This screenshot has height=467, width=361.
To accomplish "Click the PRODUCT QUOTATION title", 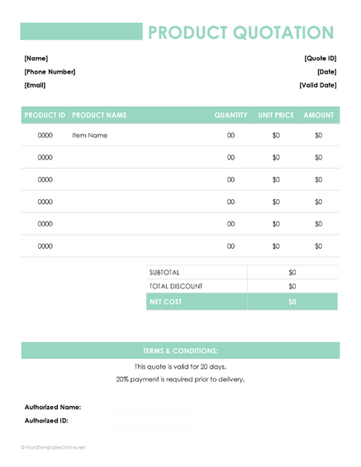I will click(240, 32).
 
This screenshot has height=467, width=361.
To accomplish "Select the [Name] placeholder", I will click(36, 59).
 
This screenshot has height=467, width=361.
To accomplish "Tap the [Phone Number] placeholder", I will click(50, 72).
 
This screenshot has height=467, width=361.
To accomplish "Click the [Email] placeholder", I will click(35, 85).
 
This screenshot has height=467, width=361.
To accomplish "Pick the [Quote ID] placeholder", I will click(320, 59).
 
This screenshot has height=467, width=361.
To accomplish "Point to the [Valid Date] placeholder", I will click(317, 85).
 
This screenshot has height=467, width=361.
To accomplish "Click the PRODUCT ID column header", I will click(45, 115).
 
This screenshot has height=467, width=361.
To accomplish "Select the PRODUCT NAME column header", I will click(100, 115).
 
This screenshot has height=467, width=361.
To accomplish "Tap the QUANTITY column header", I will click(230, 115).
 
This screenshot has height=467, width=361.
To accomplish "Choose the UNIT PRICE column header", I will click(275, 115).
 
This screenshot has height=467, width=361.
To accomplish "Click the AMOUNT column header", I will click(318, 115).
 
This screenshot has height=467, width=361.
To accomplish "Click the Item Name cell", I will click(90, 136).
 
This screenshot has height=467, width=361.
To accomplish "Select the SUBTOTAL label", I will click(164, 272).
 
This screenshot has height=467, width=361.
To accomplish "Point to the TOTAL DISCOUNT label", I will click(176, 286).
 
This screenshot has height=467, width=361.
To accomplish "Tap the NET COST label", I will click(165, 302).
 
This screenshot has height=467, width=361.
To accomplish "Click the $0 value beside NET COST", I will click(292, 302).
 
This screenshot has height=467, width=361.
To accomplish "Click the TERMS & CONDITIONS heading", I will click(180, 350).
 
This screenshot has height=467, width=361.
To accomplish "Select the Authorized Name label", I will click(53, 407).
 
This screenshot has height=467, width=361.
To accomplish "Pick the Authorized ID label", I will click(46, 420).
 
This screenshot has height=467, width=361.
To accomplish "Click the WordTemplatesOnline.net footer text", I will click(54, 447).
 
